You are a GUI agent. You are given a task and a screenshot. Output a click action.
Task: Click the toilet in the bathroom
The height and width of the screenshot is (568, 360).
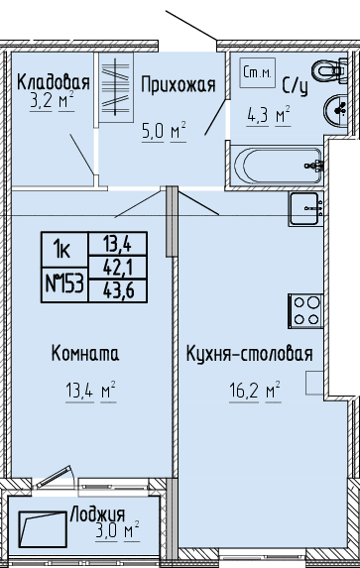(x=329, y=70)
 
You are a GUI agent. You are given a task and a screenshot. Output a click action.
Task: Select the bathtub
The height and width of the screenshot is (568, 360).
(x=277, y=166)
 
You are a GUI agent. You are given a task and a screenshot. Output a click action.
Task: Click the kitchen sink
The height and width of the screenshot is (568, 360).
(x=306, y=209)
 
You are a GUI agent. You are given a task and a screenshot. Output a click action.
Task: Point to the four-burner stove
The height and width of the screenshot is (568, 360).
(x=306, y=311)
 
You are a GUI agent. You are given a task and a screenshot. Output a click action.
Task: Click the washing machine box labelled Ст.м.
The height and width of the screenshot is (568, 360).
(x=258, y=72)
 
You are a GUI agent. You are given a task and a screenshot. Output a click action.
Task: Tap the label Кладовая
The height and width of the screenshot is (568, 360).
(x=54, y=82)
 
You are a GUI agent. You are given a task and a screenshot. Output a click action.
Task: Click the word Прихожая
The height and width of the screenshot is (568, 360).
(x=178, y=85)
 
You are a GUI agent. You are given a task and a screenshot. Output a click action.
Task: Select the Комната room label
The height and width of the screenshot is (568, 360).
(x=85, y=353)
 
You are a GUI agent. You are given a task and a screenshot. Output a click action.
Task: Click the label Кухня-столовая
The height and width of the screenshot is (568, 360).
(x=250, y=354)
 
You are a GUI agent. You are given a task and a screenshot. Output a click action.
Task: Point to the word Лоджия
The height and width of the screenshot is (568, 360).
(x=97, y=514)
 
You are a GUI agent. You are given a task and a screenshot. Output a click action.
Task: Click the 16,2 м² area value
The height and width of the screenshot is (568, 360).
(x=255, y=391)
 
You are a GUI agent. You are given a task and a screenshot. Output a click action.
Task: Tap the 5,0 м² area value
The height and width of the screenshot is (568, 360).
(x=164, y=131)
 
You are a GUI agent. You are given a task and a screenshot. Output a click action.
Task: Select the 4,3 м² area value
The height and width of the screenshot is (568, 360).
(x=269, y=116)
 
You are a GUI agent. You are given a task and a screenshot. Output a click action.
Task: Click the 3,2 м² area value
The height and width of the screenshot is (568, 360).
(x=52, y=100)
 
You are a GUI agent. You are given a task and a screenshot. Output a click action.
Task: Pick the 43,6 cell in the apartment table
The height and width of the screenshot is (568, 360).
(x=118, y=290)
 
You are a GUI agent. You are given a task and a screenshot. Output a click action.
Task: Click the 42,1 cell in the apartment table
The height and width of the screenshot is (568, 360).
(x=118, y=268)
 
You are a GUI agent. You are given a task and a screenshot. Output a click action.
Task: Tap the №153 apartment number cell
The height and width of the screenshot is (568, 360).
(x=64, y=284)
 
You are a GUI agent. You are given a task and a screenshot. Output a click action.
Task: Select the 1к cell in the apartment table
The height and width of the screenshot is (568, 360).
(x=64, y=250)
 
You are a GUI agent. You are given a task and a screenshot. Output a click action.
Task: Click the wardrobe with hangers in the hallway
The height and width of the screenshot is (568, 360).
(x=116, y=87)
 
